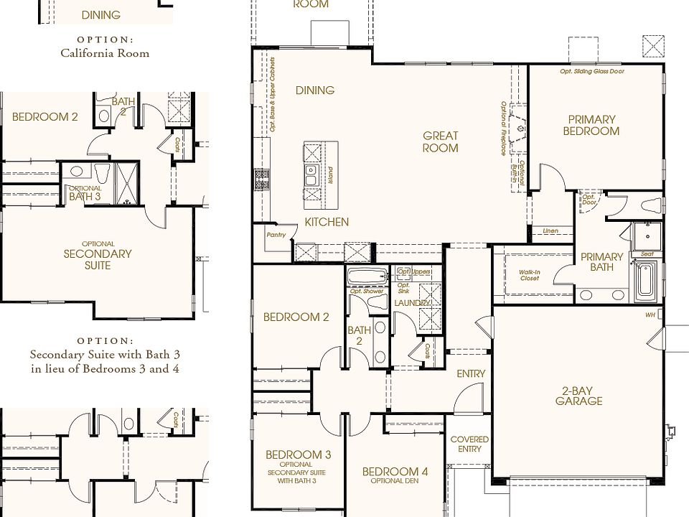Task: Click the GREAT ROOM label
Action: click(x=440, y=141)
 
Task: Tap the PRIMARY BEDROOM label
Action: click(x=591, y=126)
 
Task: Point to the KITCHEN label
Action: click(x=326, y=222)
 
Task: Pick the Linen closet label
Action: click(x=550, y=231)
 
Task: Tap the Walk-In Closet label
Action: click(x=530, y=274)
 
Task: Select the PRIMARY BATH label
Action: click(x=601, y=262)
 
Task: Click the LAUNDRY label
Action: click(x=412, y=303)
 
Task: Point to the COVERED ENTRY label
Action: click(x=469, y=444)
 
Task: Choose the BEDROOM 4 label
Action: click(x=395, y=475)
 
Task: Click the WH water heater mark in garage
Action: click(x=650, y=315)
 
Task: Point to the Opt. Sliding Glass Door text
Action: click(x=592, y=72)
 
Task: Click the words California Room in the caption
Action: click(x=105, y=52)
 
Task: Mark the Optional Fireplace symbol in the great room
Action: click(x=520, y=130)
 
